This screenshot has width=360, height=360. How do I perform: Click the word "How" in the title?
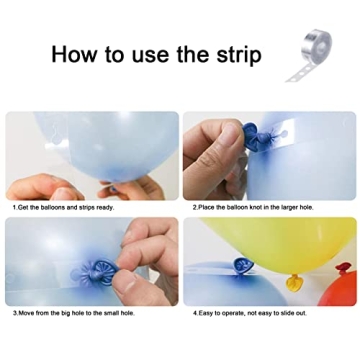pos(77,54)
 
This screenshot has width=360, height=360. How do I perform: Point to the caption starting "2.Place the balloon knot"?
pos(250,208)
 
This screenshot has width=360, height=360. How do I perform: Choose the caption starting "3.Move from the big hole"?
pos(75,313)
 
